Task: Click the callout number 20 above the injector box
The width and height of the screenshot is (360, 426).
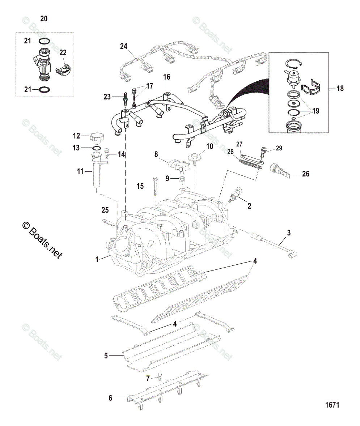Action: coord(43,18)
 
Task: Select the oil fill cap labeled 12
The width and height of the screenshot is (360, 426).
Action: coord(96,138)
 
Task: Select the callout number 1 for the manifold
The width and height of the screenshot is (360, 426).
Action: coord(97,259)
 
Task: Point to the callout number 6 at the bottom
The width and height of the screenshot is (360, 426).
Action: coord(111,398)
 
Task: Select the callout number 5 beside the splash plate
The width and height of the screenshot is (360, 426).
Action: coord(106,356)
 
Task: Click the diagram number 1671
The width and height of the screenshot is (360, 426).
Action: coord(331,405)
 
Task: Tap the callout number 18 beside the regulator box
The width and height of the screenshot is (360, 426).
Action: coord(340,88)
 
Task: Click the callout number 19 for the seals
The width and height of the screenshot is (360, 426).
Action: coord(316,111)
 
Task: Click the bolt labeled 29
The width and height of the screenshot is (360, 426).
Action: coord(263,151)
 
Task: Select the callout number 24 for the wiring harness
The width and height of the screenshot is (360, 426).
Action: coord(124,46)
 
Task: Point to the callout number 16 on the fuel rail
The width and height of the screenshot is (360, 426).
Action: coord(166,77)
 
